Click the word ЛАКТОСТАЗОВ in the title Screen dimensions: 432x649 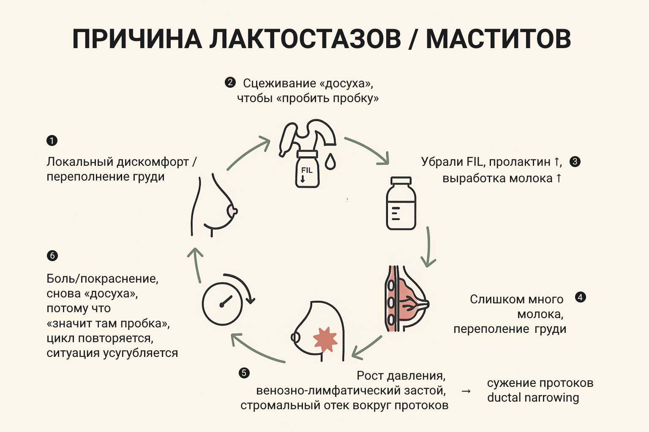[x=305, y=39]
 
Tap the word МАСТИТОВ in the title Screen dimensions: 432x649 [x=499, y=39]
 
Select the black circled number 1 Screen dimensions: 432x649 [x=52, y=140]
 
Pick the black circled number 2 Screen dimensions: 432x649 [x=230, y=82]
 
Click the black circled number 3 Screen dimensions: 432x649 [x=575, y=162]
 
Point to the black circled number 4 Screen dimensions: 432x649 [x=581, y=297]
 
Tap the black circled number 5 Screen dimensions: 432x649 [x=244, y=373]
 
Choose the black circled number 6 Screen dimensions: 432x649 [x=52, y=256]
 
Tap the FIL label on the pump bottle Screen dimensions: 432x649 [x=307, y=170]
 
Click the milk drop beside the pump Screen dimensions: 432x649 [x=330, y=162]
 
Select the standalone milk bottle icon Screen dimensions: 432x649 [x=401, y=203]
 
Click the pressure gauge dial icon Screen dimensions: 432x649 [x=223, y=304]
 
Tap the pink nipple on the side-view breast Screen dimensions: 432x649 [x=232, y=211]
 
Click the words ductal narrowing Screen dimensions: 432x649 [x=533, y=397]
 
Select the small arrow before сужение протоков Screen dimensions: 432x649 [x=466, y=391]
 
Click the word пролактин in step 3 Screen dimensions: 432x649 [x=519, y=162]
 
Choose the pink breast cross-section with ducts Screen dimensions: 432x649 [x=406, y=300]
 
